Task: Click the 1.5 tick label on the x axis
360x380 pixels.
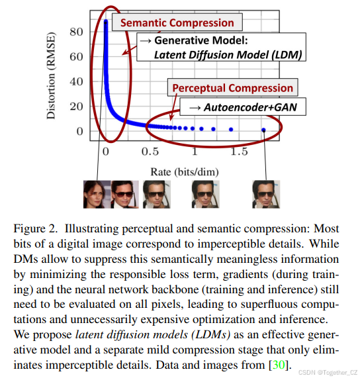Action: pyautogui.click(x=239, y=150)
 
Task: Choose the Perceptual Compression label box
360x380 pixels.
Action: pyautogui.click(x=232, y=88)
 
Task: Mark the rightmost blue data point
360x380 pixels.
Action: pyautogui.click(x=263, y=130)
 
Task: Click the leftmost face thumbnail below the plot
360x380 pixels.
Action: pyautogui.click(x=96, y=195)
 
